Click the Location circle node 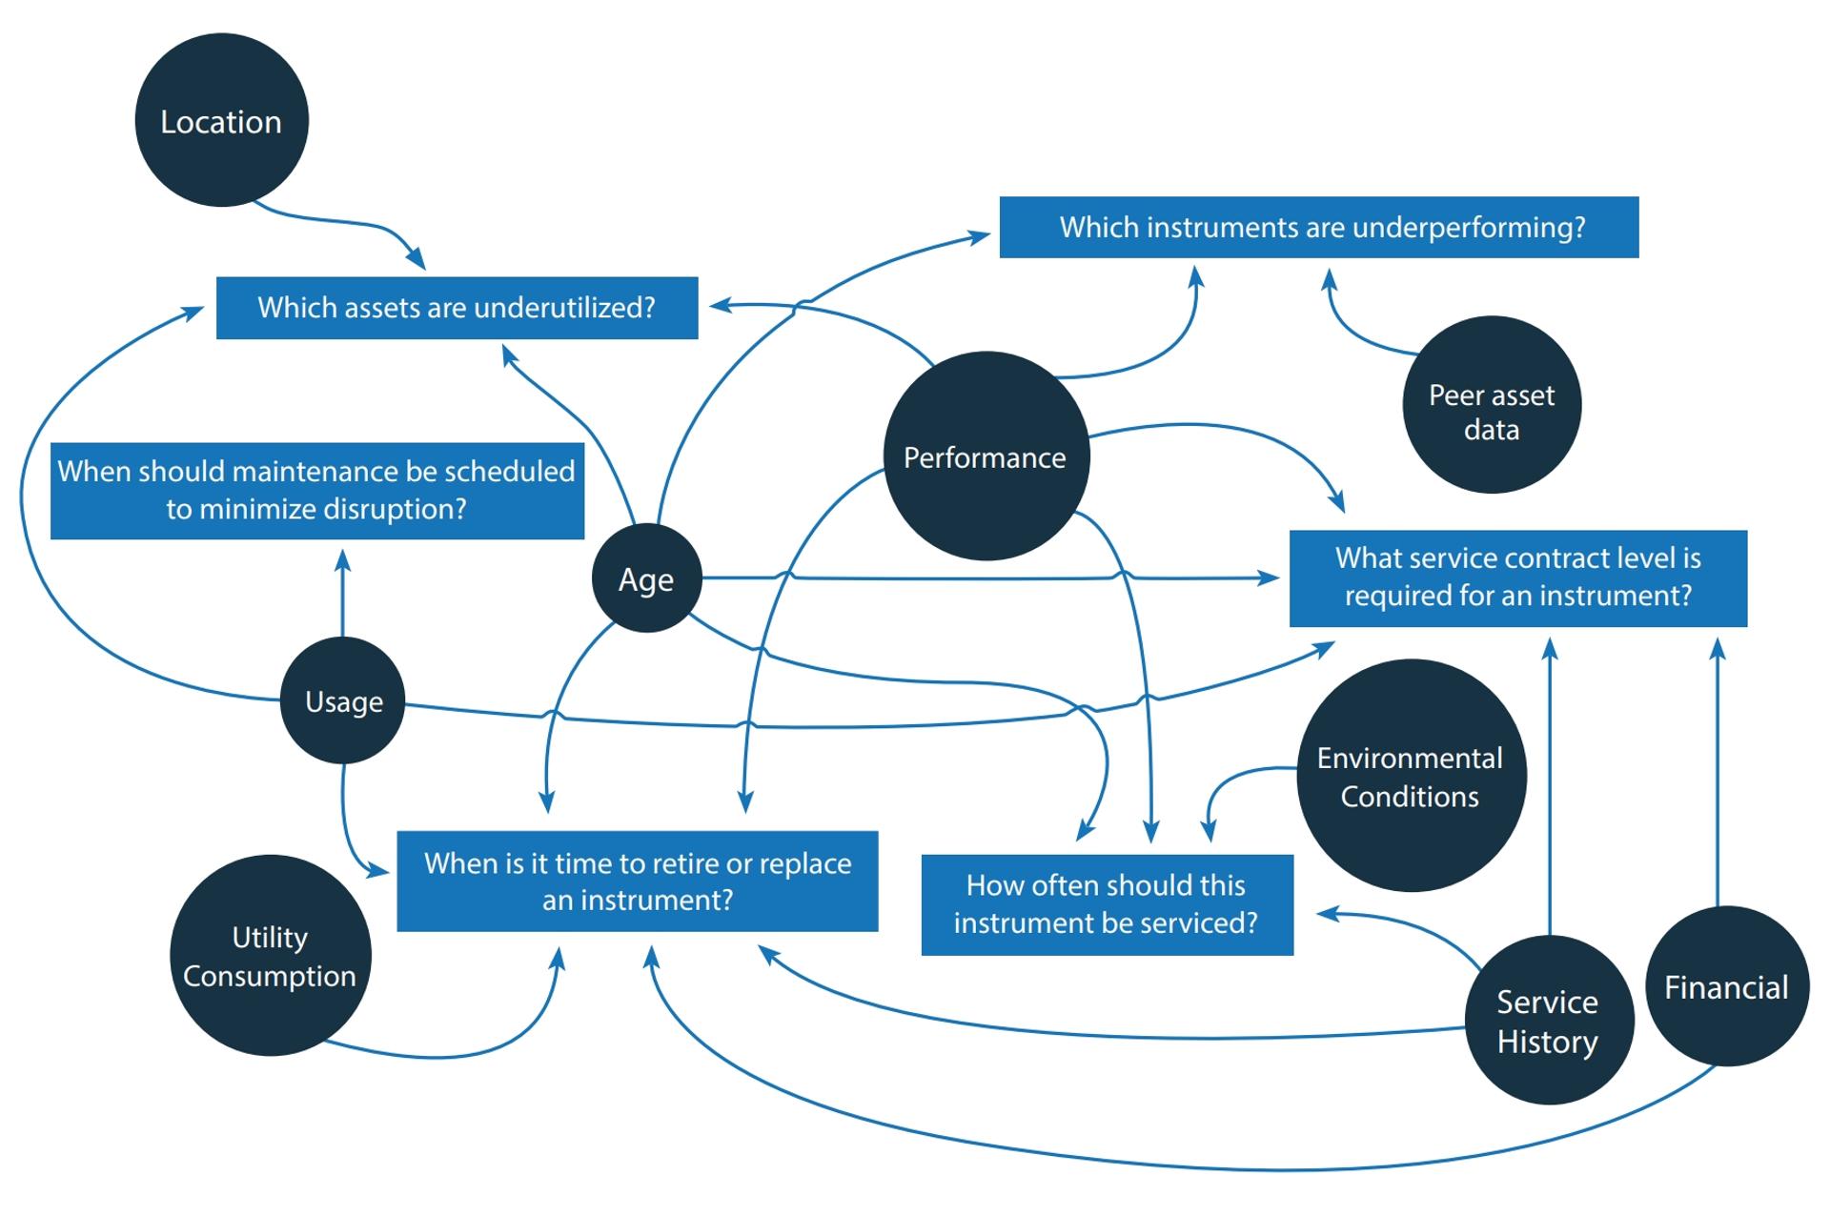tap(221, 120)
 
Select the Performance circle tap(986, 456)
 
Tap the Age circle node tap(646, 578)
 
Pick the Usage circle tap(343, 700)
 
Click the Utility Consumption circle tap(270, 955)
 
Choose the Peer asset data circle tap(1491, 405)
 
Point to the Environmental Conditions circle tap(1411, 776)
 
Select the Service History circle tap(1548, 1021)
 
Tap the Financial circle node tap(1726, 986)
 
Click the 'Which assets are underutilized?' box tap(457, 308)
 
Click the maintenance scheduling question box tap(316, 490)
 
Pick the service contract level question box tap(1517, 578)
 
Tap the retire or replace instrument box tap(637, 881)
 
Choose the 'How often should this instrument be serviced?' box tap(1107, 904)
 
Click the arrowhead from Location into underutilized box tap(417, 259)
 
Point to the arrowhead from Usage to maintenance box tap(343, 559)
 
